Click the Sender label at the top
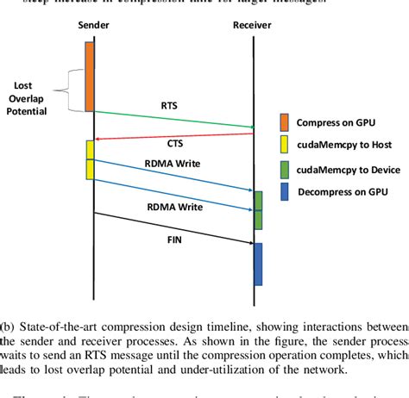point(93,27)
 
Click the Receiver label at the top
point(253,27)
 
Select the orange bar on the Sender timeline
point(89,76)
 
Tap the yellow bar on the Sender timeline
point(89,159)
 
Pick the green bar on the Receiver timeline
point(257,209)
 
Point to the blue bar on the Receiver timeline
point(257,264)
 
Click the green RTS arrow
point(173,120)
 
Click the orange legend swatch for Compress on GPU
point(285,120)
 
